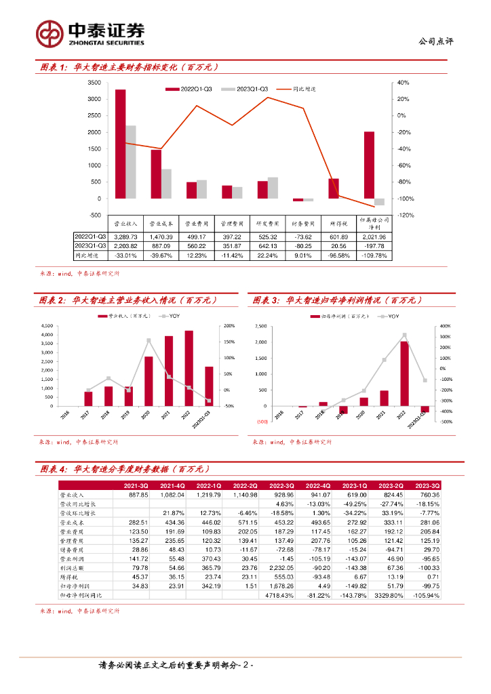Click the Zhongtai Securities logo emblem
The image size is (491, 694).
coord(50,32)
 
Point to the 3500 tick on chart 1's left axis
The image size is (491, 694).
coord(94,83)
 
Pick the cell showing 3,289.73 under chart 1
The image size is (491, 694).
coord(125,237)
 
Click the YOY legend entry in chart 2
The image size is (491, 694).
coord(172,317)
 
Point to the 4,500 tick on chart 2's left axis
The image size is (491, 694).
coord(47,325)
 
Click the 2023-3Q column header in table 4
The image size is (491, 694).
coord(427,486)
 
